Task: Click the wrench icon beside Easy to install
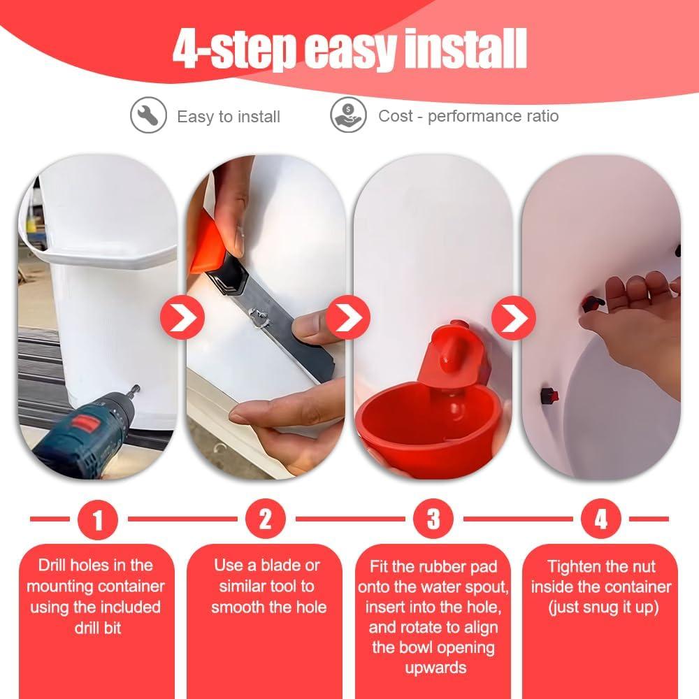point(148,115)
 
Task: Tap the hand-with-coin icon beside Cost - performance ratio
point(348,115)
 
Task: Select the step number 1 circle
point(98,519)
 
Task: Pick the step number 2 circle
point(266,519)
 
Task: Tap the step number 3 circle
point(433,519)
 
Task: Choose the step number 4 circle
point(601,519)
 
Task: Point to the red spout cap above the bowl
point(451,349)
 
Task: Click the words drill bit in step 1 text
point(98,628)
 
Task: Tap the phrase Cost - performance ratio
point(468,116)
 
